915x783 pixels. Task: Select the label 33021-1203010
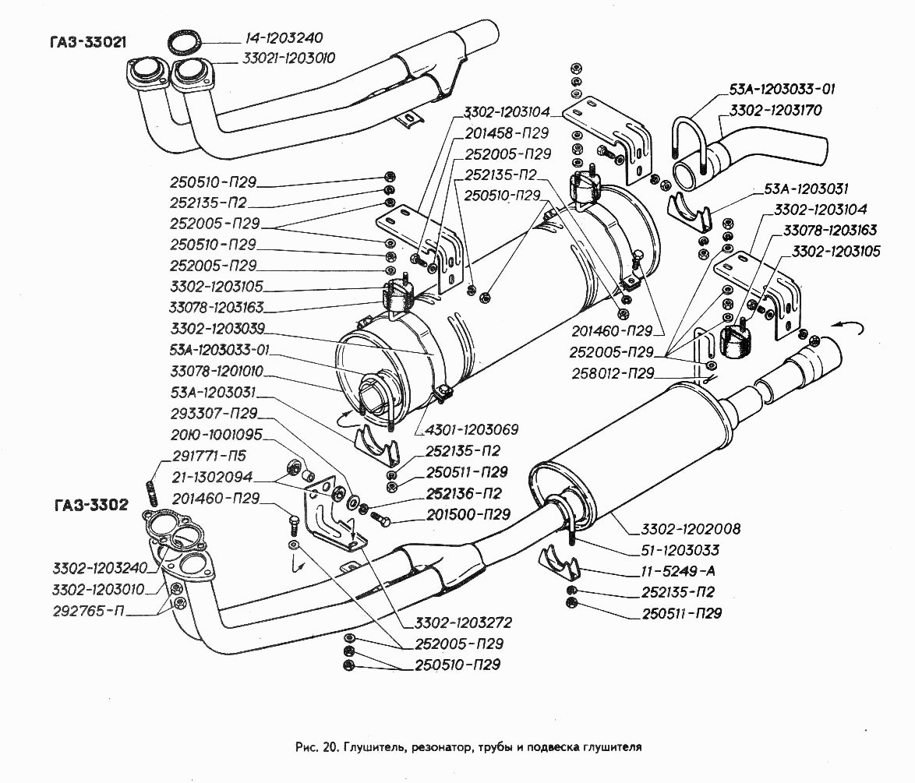click(x=278, y=58)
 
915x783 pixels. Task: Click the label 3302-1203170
click(x=775, y=111)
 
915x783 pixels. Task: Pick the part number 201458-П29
click(x=508, y=133)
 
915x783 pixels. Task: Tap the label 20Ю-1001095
click(x=217, y=435)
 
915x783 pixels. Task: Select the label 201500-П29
click(x=468, y=515)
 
